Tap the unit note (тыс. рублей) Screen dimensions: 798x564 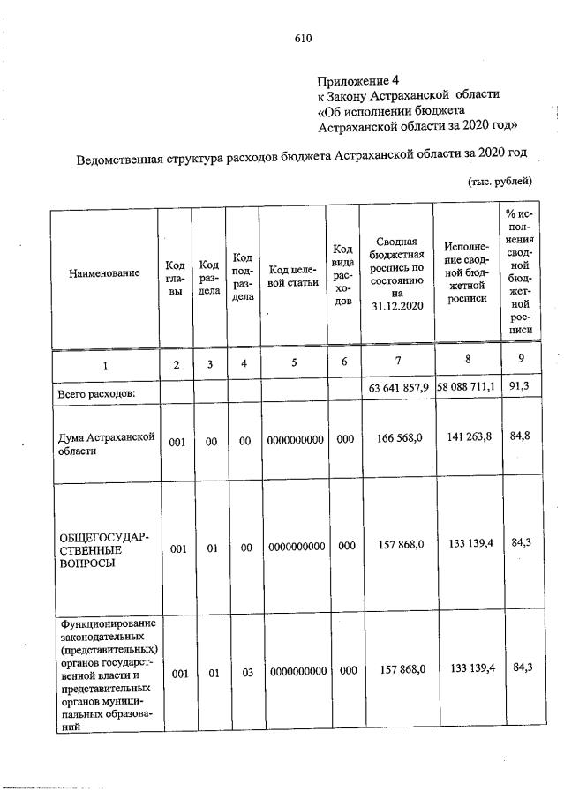pyautogui.click(x=499, y=182)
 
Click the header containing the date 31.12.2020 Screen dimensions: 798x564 pyautogui.click(x=398, y=274)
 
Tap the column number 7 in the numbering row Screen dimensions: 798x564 pyautogui.click(x=398, y=362)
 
